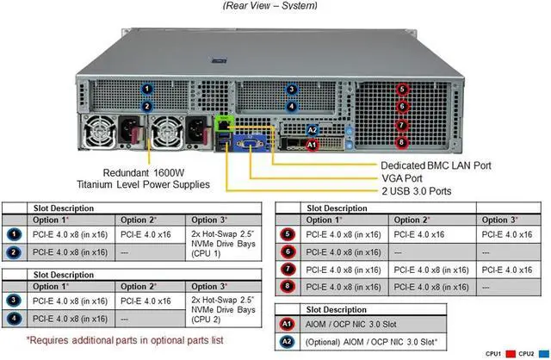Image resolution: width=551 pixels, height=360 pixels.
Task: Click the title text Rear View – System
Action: pos(269,6)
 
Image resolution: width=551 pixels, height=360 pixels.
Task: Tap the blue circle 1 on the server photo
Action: pos(147,89)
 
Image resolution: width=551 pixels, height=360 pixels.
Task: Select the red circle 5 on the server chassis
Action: pos(401,89)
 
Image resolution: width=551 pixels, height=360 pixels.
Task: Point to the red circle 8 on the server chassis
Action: pos(401,141)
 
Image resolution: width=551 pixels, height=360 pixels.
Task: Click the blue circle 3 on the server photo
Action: pos(292,89)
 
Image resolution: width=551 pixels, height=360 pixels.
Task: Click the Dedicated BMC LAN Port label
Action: pos(435,164)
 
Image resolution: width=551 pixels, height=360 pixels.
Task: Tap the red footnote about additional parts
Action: pos(124,340)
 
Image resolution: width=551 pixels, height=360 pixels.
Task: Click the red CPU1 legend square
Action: pos(511,353)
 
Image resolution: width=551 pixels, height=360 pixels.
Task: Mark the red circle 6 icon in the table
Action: pos(288,251)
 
